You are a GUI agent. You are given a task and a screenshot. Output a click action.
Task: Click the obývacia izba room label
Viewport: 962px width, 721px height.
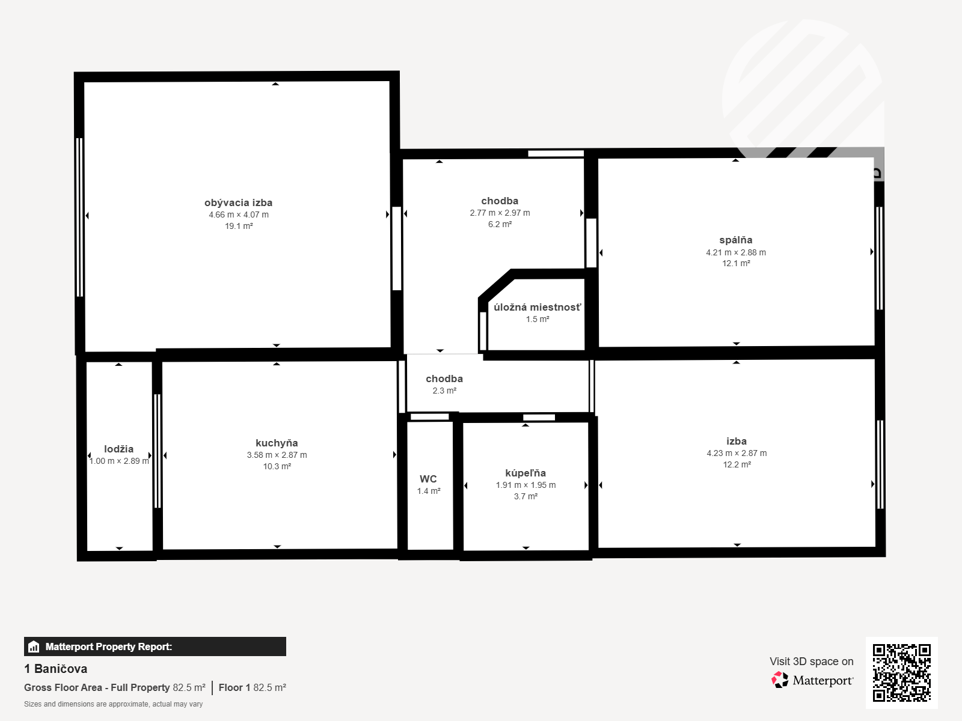coord(239,202)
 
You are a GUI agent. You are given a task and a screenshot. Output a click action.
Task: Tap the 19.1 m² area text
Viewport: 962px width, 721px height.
coord(239,226)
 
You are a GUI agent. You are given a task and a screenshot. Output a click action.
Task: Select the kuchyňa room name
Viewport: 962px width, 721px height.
coord(277,443)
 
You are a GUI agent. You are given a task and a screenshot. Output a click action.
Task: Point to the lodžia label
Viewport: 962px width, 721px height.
coord(119,449)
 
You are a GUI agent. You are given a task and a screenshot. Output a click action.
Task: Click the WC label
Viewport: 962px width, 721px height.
coord(428,479)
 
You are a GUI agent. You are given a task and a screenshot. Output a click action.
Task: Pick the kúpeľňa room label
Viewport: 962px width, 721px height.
coord(525,473)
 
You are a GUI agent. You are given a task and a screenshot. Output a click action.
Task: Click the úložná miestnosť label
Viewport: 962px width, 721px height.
coord(538,307)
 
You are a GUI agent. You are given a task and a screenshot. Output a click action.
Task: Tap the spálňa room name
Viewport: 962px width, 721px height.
coord(736,240)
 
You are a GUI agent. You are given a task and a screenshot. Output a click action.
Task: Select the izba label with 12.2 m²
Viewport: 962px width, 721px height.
coord(737,441)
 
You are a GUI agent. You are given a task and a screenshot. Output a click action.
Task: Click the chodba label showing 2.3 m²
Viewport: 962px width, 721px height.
coord(444,379)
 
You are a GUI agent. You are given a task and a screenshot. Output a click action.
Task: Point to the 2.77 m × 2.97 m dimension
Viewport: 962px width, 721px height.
coord(500,213)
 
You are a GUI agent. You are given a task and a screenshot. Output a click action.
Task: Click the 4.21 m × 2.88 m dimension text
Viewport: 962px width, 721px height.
coord(736,252)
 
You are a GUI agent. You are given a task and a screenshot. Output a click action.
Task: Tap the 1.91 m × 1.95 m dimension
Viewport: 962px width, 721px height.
coord(526,485)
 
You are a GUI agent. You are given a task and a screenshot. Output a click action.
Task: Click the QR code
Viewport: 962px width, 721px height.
coord(901,672)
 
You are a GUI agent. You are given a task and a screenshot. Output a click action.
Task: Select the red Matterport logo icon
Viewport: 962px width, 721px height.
coord(780,680)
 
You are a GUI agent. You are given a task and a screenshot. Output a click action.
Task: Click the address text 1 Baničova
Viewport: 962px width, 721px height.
coord(56,669)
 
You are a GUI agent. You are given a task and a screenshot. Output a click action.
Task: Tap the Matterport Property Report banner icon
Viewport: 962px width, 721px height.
coord(33,646)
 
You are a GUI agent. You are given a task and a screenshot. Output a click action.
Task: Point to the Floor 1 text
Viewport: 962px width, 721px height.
coord(234,687)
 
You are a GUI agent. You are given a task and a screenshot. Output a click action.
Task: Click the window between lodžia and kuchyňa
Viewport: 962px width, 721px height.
coord(158,451)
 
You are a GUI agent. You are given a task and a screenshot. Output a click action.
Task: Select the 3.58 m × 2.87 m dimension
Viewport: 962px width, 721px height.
coord(277,455)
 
